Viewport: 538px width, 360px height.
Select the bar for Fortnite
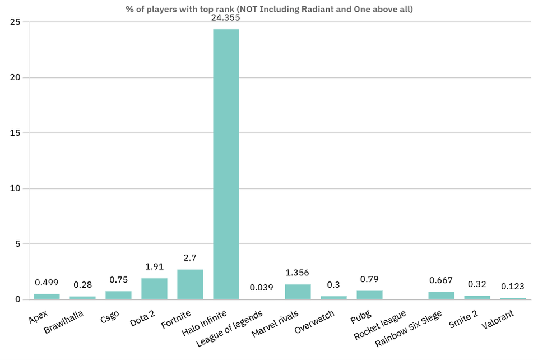click(x=190, y=284)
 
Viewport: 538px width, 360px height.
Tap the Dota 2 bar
click(x=154, y=289)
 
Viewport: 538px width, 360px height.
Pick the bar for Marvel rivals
click(x=298, y=292)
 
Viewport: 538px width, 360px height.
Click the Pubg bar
click(x=369, y=295)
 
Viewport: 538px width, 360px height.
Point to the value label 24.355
click(x=226, y=17)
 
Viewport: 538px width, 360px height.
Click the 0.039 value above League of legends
click(x=262, y=288)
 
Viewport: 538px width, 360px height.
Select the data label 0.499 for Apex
click(x=47, y=282)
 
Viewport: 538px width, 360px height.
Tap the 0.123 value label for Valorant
click(x=513, y=287)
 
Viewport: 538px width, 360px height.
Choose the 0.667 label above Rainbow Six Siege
click(x=441, y=280)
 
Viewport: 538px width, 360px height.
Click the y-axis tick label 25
click(x=16, y=22)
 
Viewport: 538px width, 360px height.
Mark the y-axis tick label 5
click(x=18, y=244)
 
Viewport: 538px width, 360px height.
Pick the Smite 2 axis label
click(x=463, y=319)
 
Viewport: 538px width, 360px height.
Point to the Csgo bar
click(x=118, y=295)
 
